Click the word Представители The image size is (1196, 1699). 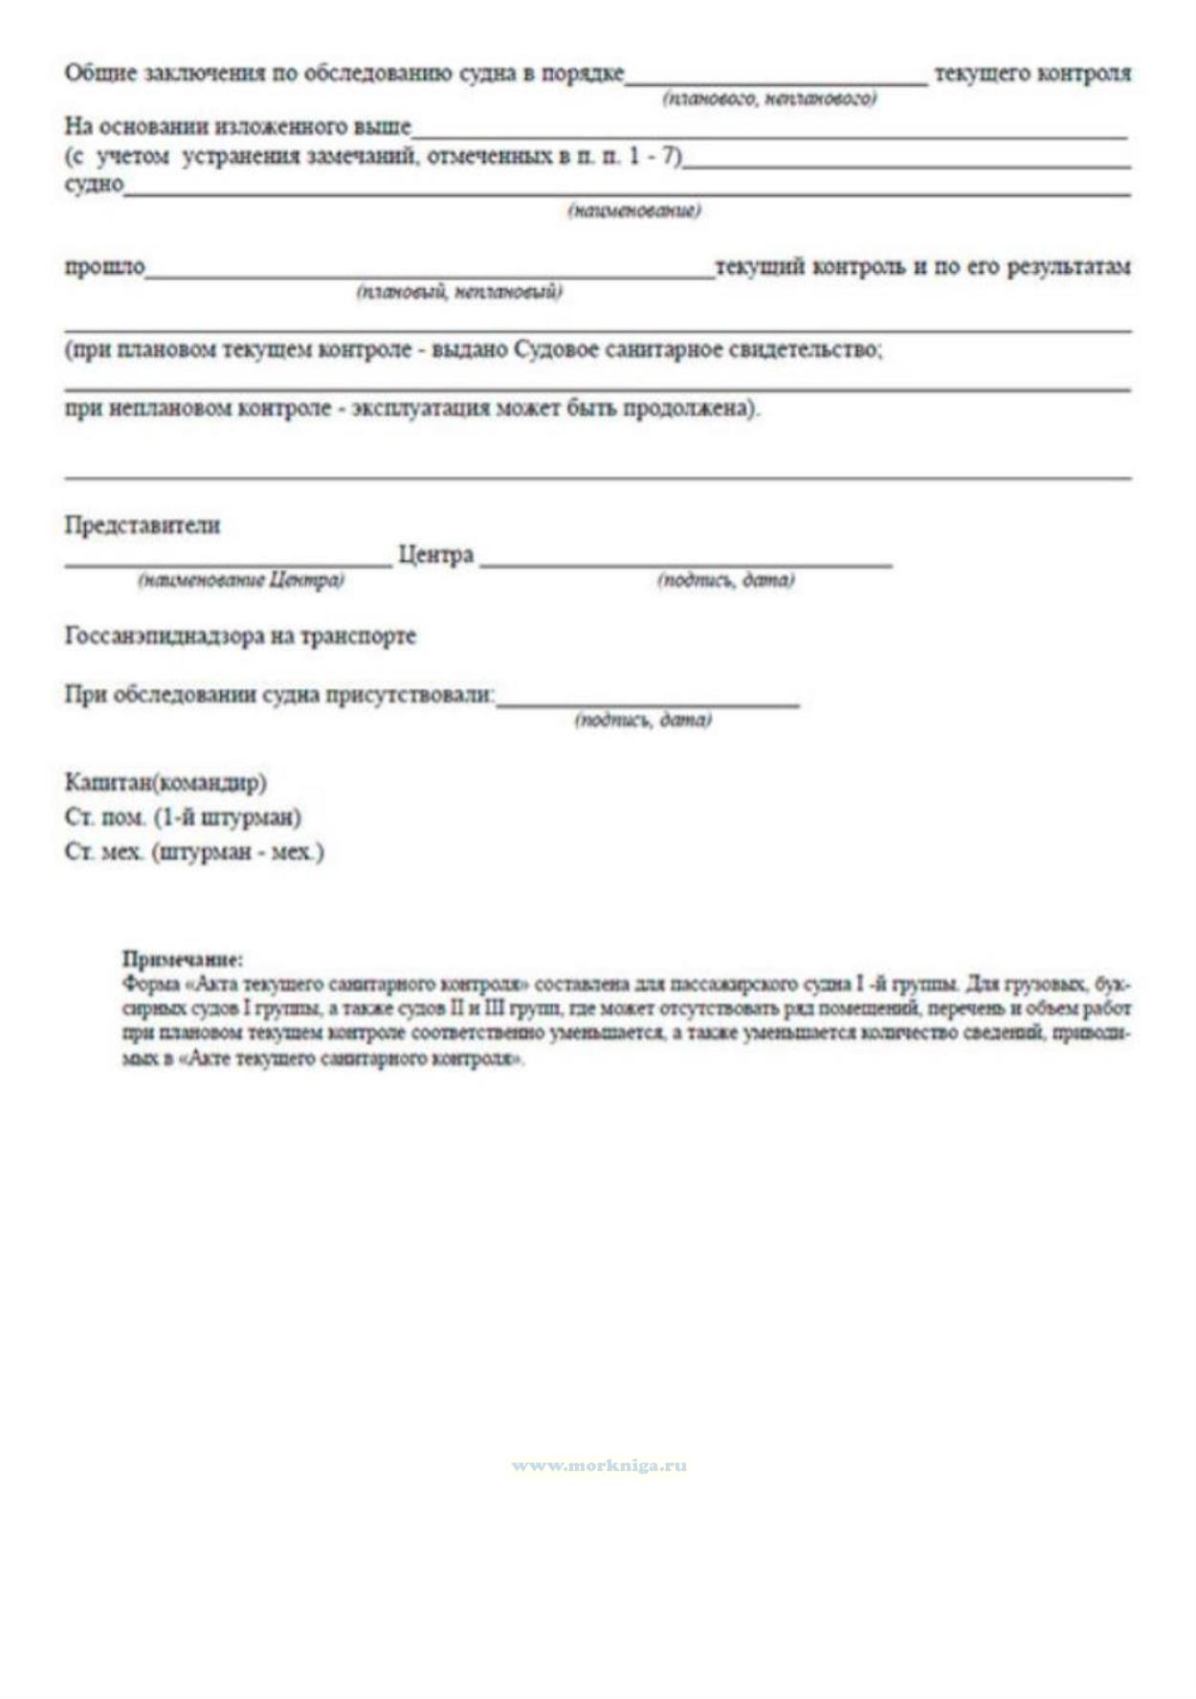click(x=143, y=525)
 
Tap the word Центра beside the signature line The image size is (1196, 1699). click(x=435, y=554)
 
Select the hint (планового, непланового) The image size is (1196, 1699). click(x=769, y=99)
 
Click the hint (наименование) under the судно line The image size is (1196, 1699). click(x=634, y=210)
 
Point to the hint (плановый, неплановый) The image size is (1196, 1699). click(x=459, y=291)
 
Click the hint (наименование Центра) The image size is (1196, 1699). click(x=241, y=580)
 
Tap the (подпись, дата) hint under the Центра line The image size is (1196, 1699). click(x=725, y=580)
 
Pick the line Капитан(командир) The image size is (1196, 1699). click(x=166, y=782)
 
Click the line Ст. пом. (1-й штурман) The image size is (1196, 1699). click(x=183, y=816)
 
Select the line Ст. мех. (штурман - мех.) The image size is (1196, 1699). click(x=194, y=851)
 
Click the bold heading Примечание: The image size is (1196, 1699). click(x=183, y=958)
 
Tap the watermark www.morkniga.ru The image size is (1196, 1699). click(x=599, y=1465)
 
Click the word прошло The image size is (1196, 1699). click(x=104, y=266)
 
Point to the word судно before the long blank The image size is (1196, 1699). click(x=94, y=183)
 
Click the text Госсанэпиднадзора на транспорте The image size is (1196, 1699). click(x=240, y=636)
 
